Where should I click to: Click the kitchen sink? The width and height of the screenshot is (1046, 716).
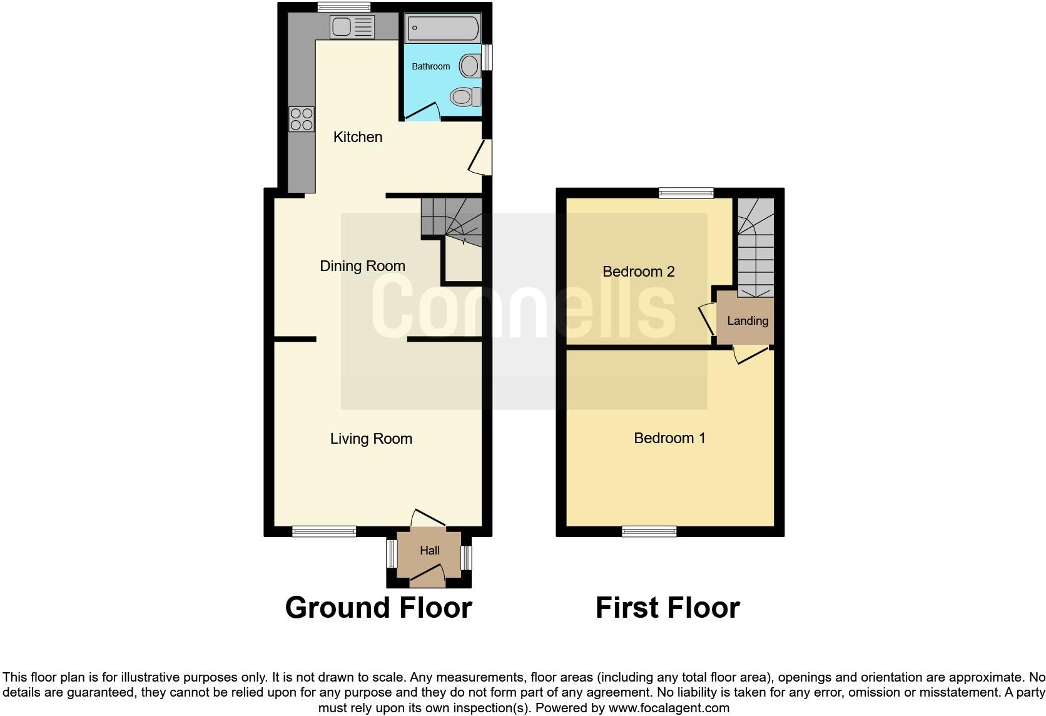tap(352, 27)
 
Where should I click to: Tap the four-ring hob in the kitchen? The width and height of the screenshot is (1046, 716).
tap(302, 119)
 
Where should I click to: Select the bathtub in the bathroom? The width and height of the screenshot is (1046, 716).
tap(443, 28)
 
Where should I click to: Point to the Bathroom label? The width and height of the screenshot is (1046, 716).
tap(430, 66)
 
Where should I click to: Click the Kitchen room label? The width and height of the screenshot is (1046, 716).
tap(357, 137)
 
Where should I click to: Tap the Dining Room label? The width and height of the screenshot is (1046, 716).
tap(362, 266)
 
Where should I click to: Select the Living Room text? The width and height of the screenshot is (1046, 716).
tap(371, 439)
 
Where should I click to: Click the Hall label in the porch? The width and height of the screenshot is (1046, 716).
tap(429, 551)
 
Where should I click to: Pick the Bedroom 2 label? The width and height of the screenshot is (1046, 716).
tap(638, 272)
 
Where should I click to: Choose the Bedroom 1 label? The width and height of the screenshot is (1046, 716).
tap(669, 438)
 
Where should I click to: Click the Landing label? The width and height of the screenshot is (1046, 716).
tap(747, 321)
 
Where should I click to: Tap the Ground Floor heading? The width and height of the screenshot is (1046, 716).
tap(378, 608)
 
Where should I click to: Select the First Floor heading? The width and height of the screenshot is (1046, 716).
tap(667, 608)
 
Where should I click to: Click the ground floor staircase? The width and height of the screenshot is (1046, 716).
tap(452, 219)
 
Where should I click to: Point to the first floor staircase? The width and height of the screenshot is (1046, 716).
tap(755, 247)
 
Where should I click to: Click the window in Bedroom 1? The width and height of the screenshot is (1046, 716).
tap(649, 531)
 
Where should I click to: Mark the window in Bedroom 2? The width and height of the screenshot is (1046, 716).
tap(686, 193)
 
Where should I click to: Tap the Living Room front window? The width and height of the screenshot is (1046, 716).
tap(323, 531)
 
